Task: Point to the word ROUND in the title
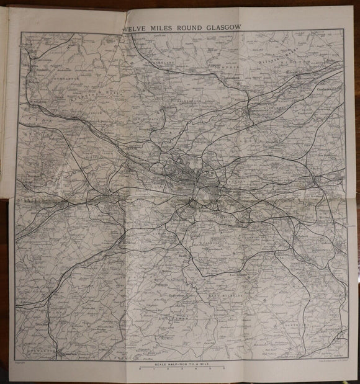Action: tap(189, 26)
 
